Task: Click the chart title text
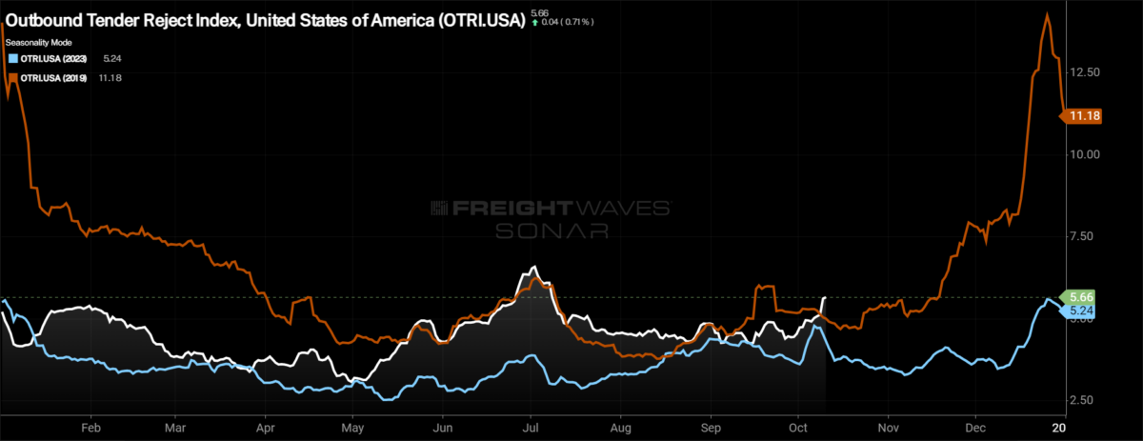pyautogui.click(x=265, y=20)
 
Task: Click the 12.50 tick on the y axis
pyautogui.click(x=1087, y=72)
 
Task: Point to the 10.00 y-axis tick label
pyautogui.click(x=1087, y=154)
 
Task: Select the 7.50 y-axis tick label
pyautogui.click(x=1087, y=236)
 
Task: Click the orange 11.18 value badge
pyautogui.click(x=1085, y=116)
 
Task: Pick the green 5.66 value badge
pyautogui.click(x=1080, y=297)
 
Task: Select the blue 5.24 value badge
pyautogui.click(x=1080, y=311)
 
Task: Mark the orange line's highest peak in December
pyautogui.click(x=1048, y=14)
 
